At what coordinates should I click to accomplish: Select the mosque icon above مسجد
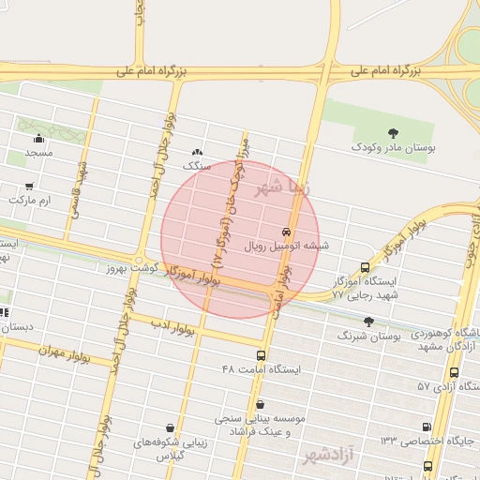click(x=39, y=139)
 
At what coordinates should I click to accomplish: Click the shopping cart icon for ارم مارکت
click(x=30, y=186)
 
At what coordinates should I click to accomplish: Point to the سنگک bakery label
click(x=193, y=165)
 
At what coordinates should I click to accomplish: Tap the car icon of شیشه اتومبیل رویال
click(x=285, y=232)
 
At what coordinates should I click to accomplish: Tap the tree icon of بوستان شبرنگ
click(x=367, y=321)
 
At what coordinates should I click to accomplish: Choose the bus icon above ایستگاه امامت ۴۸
click(x=261, y=355)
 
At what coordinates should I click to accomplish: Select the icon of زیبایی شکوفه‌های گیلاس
click(x=170, y=427)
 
